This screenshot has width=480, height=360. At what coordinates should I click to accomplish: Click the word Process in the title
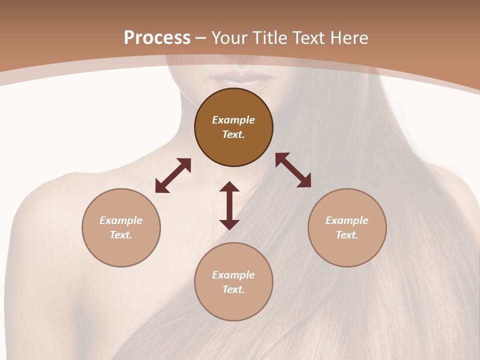coord(157,38)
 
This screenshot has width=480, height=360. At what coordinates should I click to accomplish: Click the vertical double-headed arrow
coord(229,205)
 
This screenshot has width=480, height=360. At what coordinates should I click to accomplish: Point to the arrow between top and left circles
coord(173,175)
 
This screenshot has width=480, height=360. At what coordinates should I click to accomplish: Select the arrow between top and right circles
coord(293,170)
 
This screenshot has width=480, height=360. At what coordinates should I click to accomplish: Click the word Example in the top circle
coord(233,120)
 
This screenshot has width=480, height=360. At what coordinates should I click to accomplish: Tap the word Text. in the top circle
coord(233,134)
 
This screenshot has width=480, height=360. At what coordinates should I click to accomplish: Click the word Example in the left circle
coord(121,220)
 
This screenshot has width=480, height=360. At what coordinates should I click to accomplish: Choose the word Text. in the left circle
coord(121,235)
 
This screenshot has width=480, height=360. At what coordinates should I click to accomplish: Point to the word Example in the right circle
coord(347,220)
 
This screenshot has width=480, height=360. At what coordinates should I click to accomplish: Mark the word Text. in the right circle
coord(347,235)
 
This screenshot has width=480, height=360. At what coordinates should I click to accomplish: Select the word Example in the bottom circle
coord(233,275)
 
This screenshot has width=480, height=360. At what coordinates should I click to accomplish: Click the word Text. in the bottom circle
coord(233,289)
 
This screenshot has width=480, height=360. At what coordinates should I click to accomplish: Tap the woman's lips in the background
coord(241,79)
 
